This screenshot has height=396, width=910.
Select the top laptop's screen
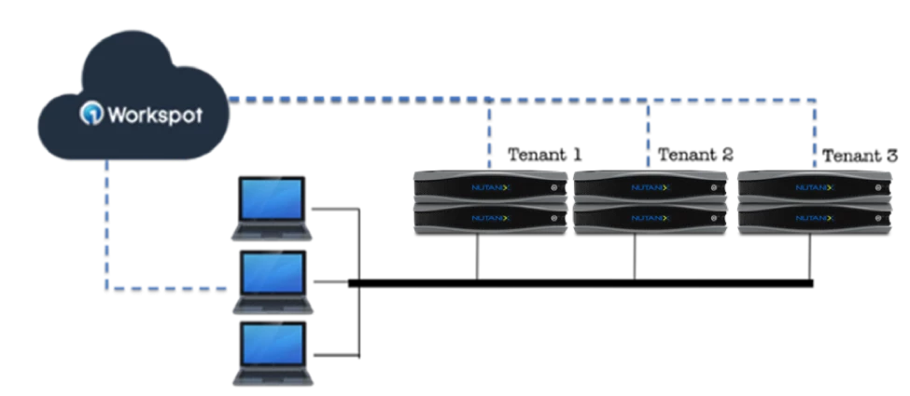[272, 198]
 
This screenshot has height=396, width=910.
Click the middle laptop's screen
[272, 272]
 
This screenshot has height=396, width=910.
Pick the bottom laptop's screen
[272, 344]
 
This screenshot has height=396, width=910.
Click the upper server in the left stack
[490, 185]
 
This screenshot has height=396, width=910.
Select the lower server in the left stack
[490, 217]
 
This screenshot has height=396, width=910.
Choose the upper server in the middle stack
[651, 185]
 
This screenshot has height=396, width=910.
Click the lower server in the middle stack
[651, 217]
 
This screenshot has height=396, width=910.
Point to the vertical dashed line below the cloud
[107, 224]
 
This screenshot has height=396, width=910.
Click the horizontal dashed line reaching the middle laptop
[168, 286]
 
